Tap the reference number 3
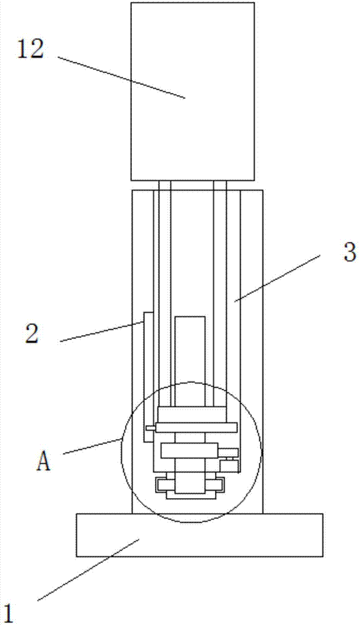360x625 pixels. pyautogui.click(x=349, y=252)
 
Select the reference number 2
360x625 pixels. pyautogui.click(x=32, y=333)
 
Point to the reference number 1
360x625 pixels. pyautogui.click(x=9, y=614)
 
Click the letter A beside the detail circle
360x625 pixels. pyautogui.click(x=44, y=462)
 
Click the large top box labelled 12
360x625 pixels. pyautogui.click(x=192, y=91)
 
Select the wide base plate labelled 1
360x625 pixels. pyautogui.click(x=199, y=534)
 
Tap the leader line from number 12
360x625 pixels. pyautogui.click(x=122, y=77)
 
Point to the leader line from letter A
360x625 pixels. pyautogui.click(x=92, y=446)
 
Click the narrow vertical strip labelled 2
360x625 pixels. pyautogui.click(x=148, y=377)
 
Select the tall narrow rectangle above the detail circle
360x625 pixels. pyautogui.click(x=190, y=361)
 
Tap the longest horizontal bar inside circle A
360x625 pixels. pyautogui.click(x=196, y=427)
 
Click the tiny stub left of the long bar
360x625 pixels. pyautogui.click(x=151, y=428)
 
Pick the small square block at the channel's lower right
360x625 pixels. pyautogui.click(x=229, y=466)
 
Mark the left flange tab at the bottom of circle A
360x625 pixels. pyautogui.click(x=164, y=485)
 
